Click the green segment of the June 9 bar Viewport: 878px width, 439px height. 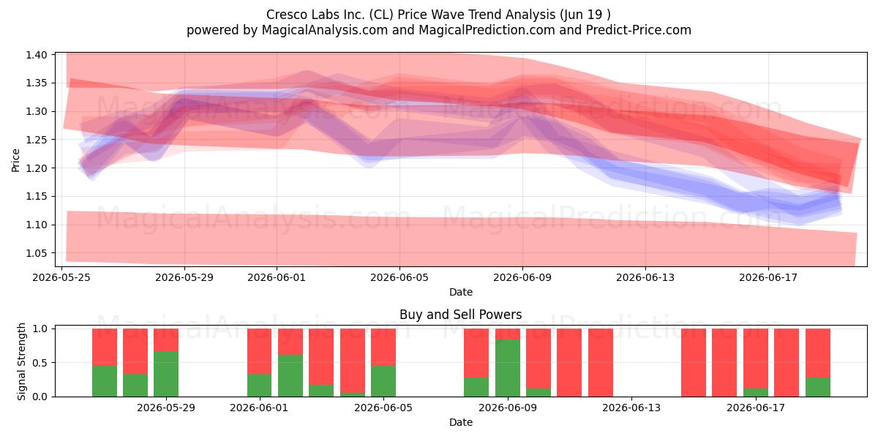(508, 367)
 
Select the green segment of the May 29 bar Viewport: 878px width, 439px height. (166, 374)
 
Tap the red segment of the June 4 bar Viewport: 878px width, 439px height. (353, 361)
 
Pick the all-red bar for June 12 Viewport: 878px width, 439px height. (601, 363)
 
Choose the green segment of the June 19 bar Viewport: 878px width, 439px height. (818, 387)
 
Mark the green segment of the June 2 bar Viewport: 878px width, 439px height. (290, 375)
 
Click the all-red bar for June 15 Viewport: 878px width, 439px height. (694, 363)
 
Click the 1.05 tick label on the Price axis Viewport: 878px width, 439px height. (36, 253)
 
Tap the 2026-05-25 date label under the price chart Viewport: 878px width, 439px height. (61, 277)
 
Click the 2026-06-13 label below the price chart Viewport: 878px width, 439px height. (645, 277)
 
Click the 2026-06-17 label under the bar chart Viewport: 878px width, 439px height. (756, 408)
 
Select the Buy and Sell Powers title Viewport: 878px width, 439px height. (460, 315)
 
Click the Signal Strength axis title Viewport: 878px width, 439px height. (20, 361)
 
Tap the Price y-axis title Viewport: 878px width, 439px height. (15, 160)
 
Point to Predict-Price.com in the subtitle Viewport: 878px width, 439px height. (639, 30)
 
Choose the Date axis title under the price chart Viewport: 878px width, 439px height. (460, 292)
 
